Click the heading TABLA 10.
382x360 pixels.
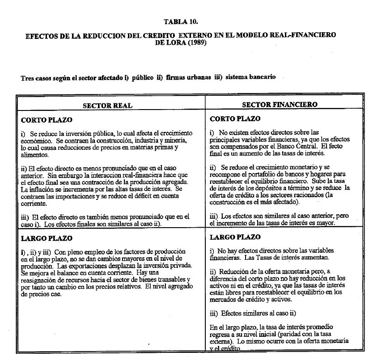click(181, 21)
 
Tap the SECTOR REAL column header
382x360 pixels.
click(107, 106)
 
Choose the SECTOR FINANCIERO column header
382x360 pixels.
click(280, 105)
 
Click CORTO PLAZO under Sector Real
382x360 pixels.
click(47, 120)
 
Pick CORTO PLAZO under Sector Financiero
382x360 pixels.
click(235, 119)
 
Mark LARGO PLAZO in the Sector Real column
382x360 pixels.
click(47, 238)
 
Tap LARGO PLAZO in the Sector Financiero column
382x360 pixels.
click(235, 237)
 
